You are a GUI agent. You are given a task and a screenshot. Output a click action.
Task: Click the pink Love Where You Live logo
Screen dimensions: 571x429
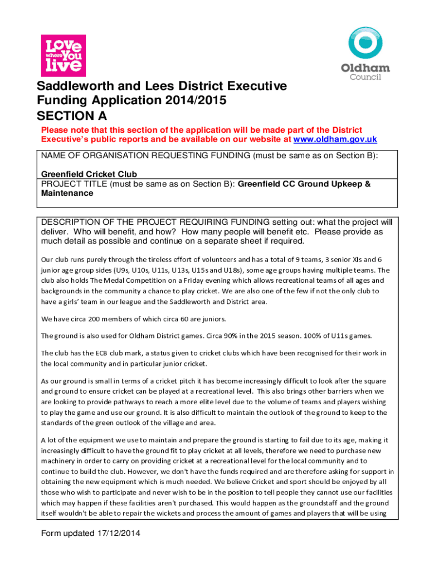64,55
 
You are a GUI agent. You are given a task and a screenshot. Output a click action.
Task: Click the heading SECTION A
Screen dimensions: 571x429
72,116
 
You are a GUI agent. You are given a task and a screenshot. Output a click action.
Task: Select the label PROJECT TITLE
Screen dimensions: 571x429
74,183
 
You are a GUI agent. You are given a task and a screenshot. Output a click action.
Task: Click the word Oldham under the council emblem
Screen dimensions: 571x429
365,68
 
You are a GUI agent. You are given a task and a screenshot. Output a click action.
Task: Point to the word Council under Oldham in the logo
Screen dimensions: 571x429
365,77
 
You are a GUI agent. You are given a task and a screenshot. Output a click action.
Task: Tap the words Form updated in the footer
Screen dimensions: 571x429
67,534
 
